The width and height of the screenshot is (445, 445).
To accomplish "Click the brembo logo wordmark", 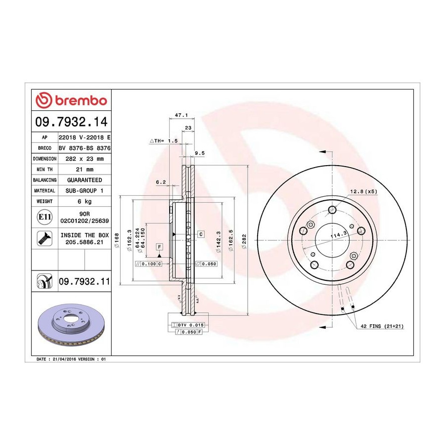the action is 81,100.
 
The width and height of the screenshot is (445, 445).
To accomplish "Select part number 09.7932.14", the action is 72,122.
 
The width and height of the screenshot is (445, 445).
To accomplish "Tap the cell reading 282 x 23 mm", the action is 85,159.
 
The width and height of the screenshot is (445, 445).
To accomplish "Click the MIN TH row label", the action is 44,170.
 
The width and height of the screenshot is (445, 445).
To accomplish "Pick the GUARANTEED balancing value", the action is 85,180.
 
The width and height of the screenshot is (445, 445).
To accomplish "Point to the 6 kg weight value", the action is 85,201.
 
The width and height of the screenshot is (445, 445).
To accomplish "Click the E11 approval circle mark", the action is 44,217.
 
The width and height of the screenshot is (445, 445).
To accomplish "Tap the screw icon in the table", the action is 44,238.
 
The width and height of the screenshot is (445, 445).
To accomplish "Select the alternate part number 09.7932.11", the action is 84,281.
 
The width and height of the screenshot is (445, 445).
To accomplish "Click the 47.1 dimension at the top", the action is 181,115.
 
